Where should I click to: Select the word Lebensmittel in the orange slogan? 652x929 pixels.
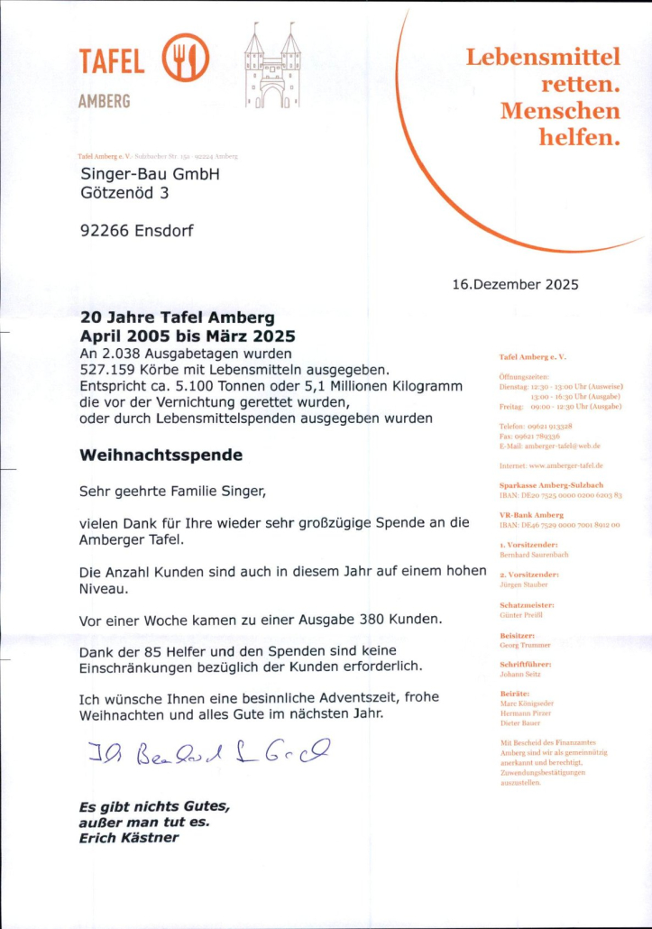pyautogui.click(x=543, y=58)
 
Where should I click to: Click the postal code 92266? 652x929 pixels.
pyautogui.click(x=105, y=230)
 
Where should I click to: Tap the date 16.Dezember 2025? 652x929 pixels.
pyautogui.click(x=515, y=285)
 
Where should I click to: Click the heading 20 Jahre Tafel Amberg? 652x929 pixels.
pyautogui.click(x=178, y=317)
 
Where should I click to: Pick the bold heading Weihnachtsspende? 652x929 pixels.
pyautogui.click(x=161, y=455)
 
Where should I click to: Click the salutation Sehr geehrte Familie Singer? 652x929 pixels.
pyautogui.click(x=173, y=492)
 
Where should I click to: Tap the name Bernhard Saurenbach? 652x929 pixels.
pyautogui.click(x=534, y=555)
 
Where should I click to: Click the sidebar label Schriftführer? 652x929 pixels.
pyautogui.click(x=525, y=664)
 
